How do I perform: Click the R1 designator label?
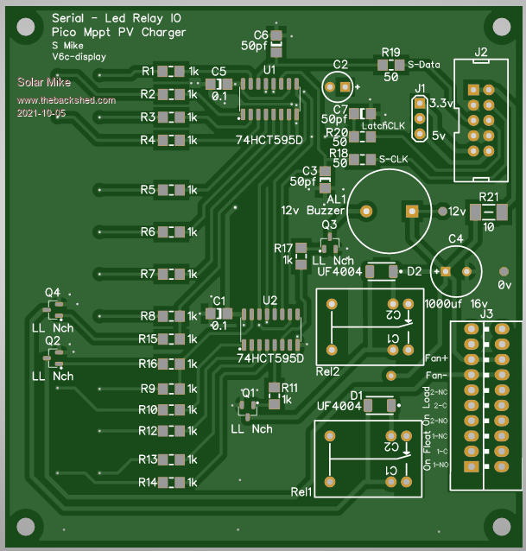click(148, 71)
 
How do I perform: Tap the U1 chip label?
click(270, 68)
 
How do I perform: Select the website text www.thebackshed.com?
click(66, 100)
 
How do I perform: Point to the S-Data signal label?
click(425, 64)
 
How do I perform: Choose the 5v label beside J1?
click(439, 135)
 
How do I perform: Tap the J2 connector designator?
click(481, 53)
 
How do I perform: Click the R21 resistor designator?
click(489, 197)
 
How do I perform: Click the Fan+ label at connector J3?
click(437, 358)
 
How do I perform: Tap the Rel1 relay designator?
click(301, 492)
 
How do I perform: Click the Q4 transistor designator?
click(54, 293)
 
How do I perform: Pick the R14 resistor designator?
click(148, 482)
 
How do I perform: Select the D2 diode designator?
click(415, 271)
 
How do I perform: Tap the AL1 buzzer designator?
click(336, 199)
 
